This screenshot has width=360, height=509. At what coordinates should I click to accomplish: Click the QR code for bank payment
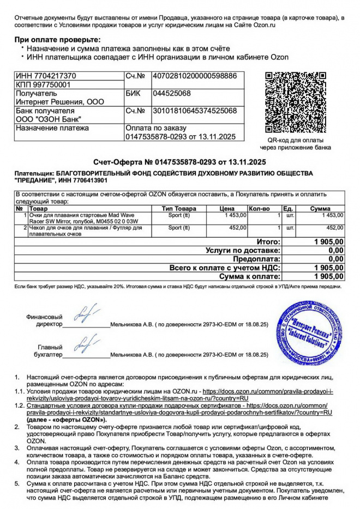pos(299,103)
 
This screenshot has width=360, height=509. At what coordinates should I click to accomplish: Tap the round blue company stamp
pos(308,332)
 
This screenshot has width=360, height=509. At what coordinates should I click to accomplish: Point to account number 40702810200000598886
pos(195,76)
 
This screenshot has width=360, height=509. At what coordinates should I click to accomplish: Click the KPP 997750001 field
pos(43,84)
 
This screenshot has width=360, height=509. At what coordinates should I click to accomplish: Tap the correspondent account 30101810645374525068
pos(195,111)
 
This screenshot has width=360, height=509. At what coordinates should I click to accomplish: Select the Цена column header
pos(227,209)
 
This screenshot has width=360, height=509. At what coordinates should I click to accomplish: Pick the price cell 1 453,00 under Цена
pos(236,216)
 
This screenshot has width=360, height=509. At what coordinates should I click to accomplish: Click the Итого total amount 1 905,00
pos(329,241)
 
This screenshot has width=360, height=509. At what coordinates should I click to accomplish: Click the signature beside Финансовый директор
pos(85,315)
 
